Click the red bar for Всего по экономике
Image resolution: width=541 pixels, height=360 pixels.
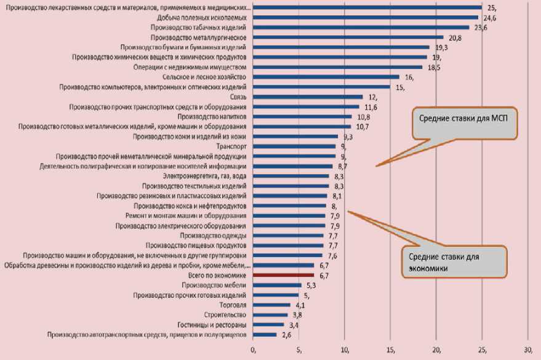284,275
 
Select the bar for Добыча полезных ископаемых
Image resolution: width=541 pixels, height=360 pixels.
366,17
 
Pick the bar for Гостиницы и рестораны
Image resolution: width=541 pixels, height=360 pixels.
268,324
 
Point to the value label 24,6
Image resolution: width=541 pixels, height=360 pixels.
491,18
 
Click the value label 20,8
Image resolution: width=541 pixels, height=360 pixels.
455,38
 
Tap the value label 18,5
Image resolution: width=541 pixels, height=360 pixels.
433,67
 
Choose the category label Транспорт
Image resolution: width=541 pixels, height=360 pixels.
233,146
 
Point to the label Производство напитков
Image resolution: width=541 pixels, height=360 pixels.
212,117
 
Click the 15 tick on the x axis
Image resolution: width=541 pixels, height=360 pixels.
391,351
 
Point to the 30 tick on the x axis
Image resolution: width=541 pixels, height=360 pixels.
527,351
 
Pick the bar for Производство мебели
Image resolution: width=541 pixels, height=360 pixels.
278,285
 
